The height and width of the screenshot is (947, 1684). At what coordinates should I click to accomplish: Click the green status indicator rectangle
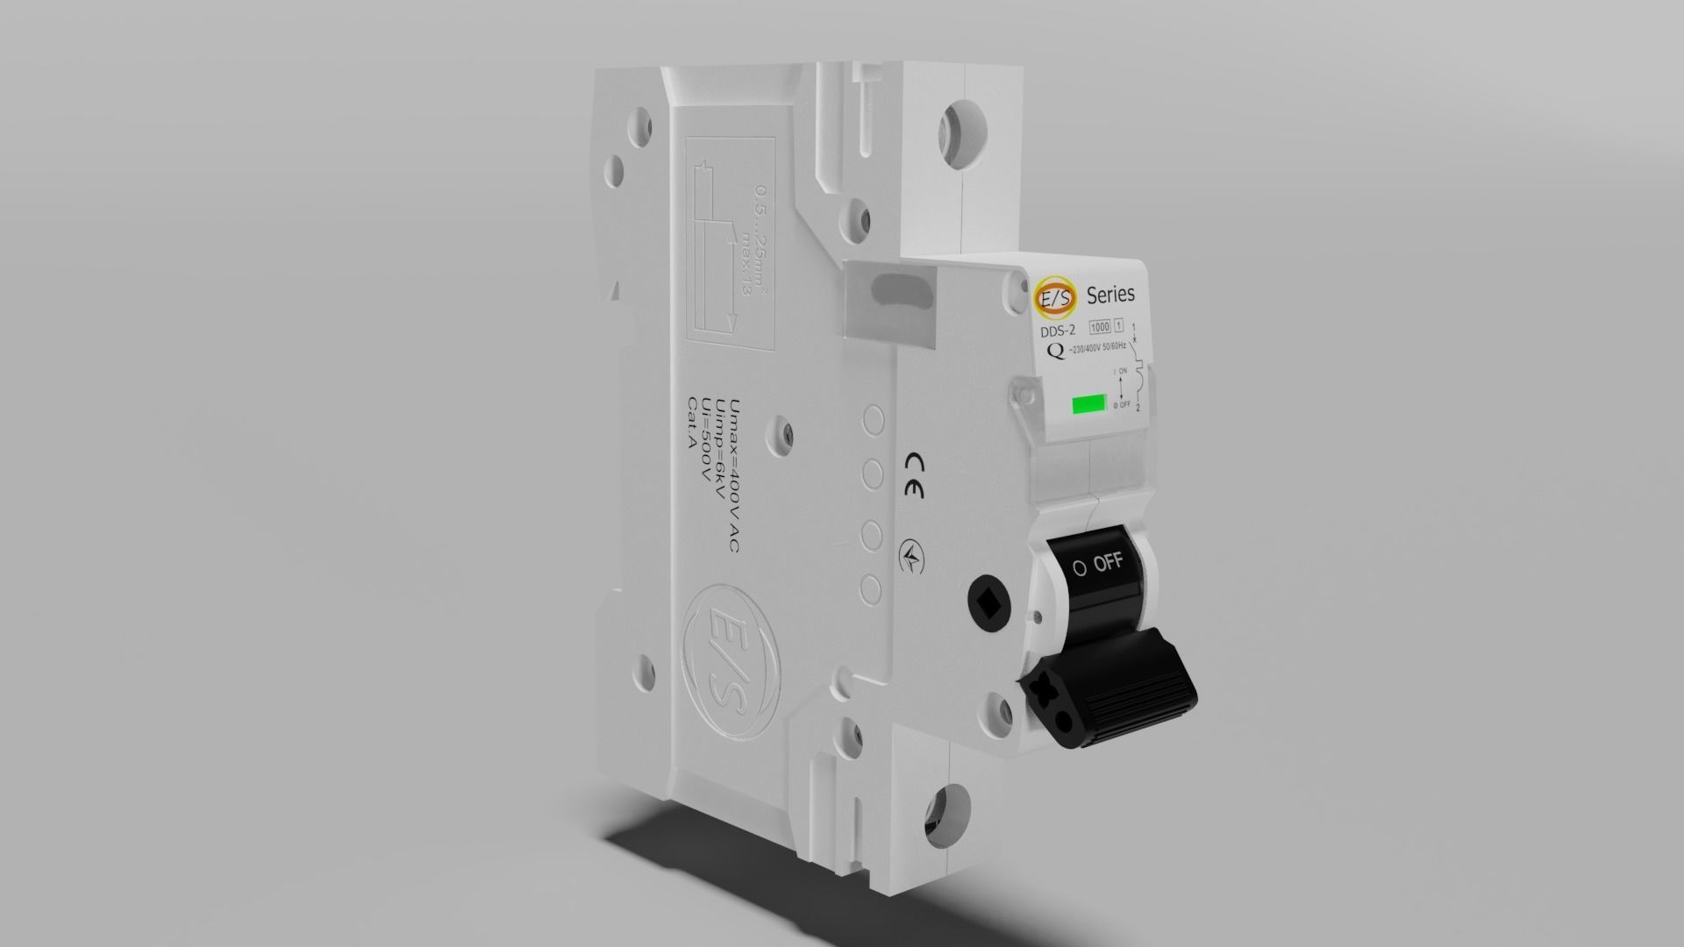[1088, 404]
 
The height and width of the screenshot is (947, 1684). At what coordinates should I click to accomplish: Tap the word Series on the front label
[1110, 294]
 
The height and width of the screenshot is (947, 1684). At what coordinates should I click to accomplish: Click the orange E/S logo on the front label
[1052, 298]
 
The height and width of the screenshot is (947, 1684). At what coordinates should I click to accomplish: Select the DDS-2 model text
[1058, 331]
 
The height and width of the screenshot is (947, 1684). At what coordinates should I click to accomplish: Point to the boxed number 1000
[1099, 327]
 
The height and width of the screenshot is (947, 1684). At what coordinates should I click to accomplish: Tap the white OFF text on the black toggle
[1108, 563]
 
